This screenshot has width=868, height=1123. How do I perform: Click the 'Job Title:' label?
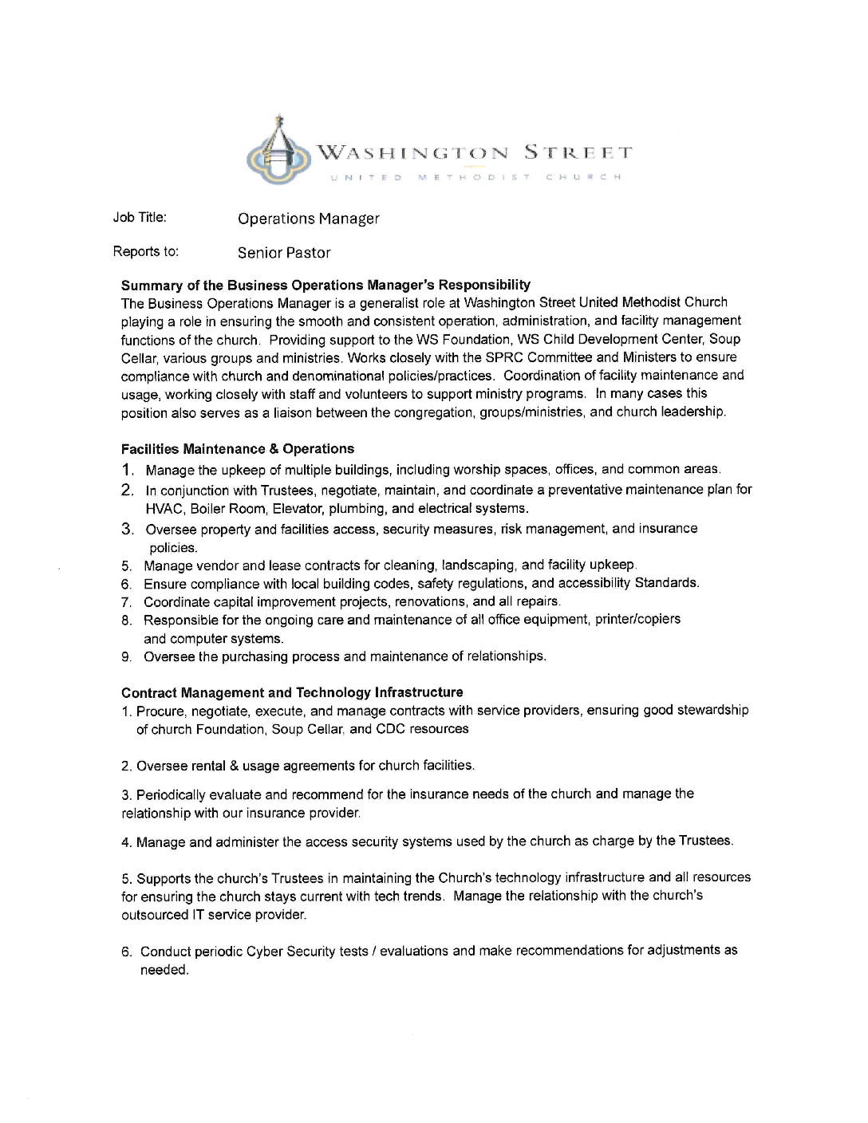point(140,217)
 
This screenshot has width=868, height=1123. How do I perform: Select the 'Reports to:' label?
point(146,252)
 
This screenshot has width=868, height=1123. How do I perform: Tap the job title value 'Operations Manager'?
point(309,219)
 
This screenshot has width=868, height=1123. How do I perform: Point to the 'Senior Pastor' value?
point(284,253)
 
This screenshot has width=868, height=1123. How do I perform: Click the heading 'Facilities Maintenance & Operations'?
point(238,449)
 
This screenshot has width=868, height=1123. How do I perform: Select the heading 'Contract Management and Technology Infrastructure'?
point(292,692)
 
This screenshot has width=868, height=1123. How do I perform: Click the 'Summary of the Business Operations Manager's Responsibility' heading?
point(325,285)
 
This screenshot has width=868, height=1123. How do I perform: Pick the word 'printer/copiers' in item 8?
point(637,620)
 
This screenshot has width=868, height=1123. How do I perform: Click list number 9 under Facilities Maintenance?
point(126,657)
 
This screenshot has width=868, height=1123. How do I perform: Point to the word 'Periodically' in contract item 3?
point(171,794)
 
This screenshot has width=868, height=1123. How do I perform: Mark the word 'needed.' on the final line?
point(164,971)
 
